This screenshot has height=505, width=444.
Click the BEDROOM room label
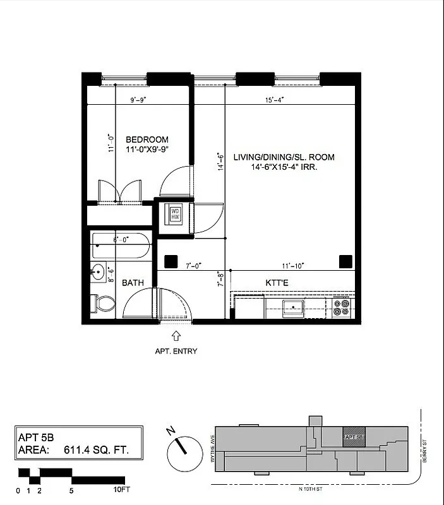tap(147, 140)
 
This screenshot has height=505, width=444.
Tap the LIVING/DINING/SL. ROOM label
tap(284, 157)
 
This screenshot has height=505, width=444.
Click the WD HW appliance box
tap(174, 214)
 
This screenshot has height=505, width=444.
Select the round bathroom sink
tap(98, 273)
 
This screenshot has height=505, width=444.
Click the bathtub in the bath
tap(121, 245)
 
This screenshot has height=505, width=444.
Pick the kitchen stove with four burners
tap(342, 307)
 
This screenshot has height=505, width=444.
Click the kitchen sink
tap(294, 308)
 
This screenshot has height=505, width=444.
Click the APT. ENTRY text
tap(176, 351)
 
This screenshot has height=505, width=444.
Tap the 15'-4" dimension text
tap(273, 99)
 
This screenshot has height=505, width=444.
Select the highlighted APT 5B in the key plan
tap(353, 437)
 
